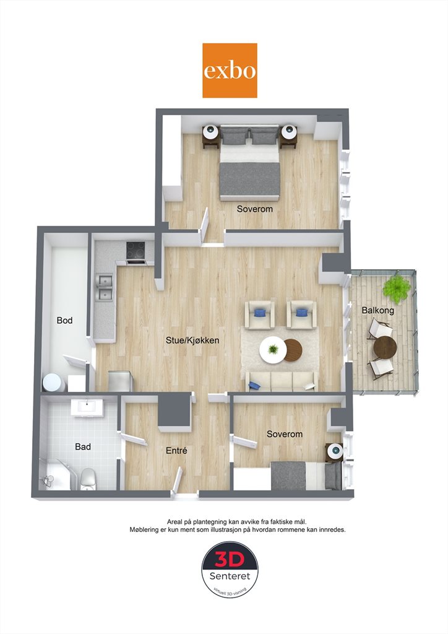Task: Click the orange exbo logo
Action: click(230, 71)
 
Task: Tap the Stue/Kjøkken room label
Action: click(192, 341)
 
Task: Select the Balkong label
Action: click(377, 311)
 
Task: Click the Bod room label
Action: click(64, 321)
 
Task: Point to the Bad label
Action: click(83, 447)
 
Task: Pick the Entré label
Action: click(176, 451)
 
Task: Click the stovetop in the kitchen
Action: click(136, 251)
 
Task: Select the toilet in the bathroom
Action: click(88, 479)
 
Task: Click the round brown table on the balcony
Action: click(385, 347)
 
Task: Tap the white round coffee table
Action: click(273, 349)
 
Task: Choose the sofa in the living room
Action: click(282, 381)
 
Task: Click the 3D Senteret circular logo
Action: click(230, 570)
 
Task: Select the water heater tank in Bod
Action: click(54, 382)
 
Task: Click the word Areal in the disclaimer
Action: click(174, 522)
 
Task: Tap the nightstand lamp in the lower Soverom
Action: click(335, 450)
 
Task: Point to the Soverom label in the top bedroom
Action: click(254, 209)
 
